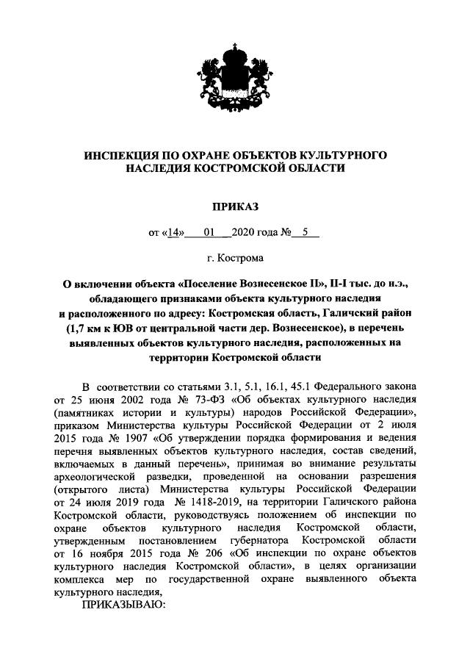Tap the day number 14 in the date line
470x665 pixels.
tap(174, 234)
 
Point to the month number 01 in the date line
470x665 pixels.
tap(209, 234)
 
